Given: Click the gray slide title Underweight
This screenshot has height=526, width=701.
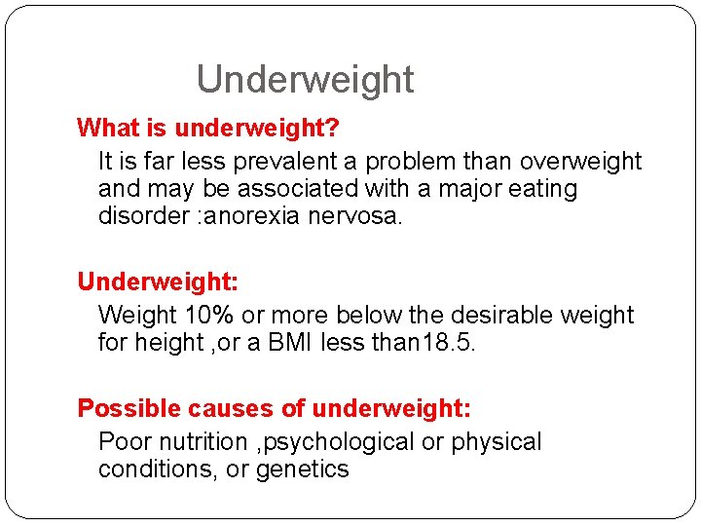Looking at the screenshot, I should click(x=305, y=79).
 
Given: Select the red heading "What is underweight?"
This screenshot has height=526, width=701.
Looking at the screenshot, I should click(x=207, y=128).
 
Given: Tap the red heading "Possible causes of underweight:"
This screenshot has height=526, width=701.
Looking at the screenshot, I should click(x=275, y=408).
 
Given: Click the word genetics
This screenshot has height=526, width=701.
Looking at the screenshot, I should click(x=302, y=469).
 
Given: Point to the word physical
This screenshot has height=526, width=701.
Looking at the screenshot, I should click(x=497, y=441).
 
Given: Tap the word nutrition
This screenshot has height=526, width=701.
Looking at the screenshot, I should click(x=202, y=441).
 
